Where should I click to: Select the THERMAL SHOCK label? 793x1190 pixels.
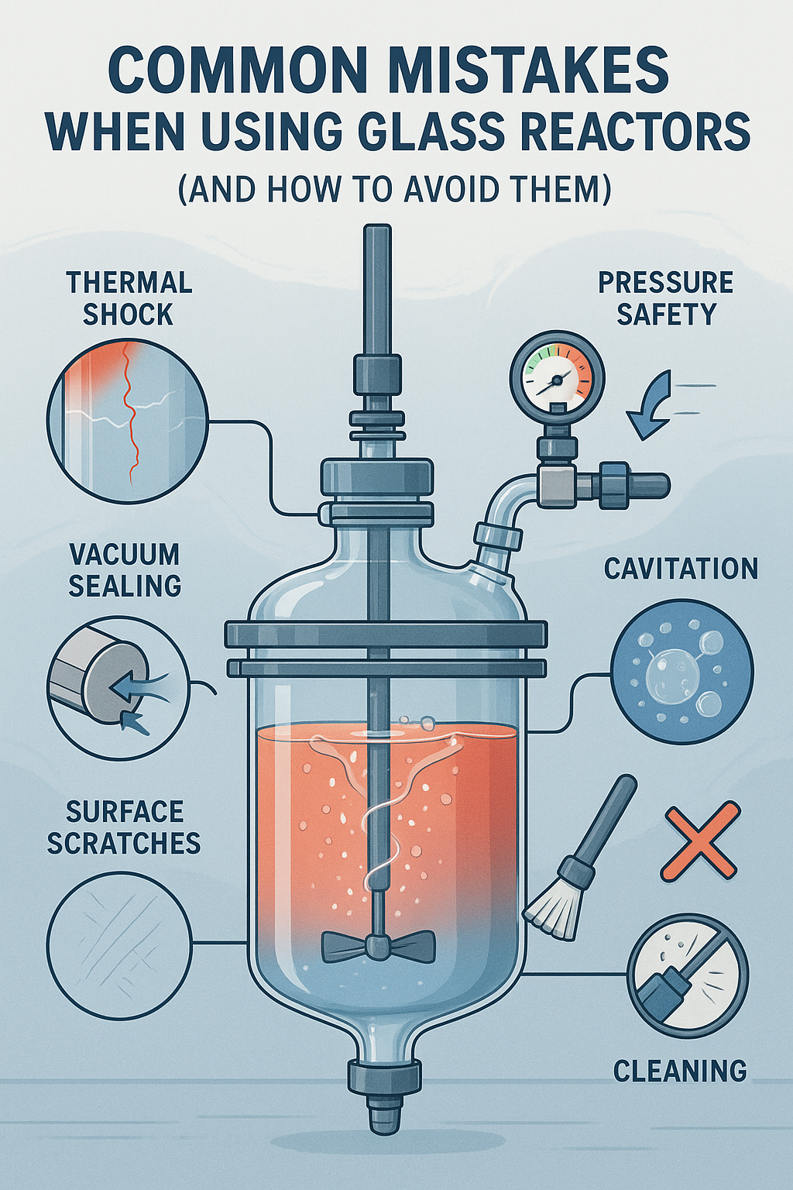pyautogui.click(x=129, y=298)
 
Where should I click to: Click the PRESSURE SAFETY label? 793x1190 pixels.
pyautogui.click(x=665, y=298)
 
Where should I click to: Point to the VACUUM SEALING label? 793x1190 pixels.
pyautogui.click(x=125, y=570)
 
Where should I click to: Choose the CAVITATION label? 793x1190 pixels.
pyautogui.click(x=681, y=569)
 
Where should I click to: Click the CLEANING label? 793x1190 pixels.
pyautogui.click(x=680, y=1068)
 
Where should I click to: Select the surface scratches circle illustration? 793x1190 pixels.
pyautogui.click(x=118, y=944)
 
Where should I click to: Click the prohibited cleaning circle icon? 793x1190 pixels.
pyautogui.click(x=688, y=976)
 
